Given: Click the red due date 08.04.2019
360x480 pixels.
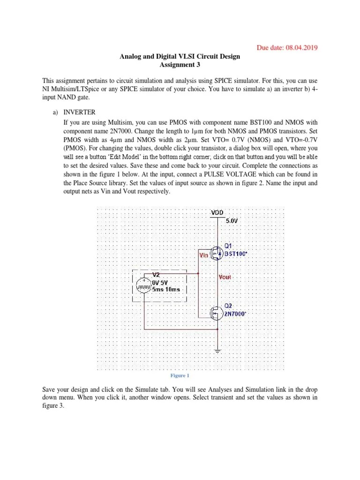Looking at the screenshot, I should pos(289,47).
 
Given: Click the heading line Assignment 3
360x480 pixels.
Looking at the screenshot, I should pos(180,65).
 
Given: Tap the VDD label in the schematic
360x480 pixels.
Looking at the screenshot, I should pos(217,212).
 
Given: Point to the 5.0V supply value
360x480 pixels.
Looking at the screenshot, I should pos(233,220).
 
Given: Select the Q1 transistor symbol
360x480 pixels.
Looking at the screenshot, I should pos(216,254).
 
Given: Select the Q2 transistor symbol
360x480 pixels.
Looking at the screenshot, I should pos(216,313).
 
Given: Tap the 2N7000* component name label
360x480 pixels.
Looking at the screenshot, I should pos(235,314).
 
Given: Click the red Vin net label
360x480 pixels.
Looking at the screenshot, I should pos(204,255).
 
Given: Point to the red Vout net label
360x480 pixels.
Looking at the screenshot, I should pos(225,277).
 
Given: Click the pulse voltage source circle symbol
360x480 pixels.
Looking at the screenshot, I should pos(143,286).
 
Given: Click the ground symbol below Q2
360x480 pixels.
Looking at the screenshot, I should pos(217,350).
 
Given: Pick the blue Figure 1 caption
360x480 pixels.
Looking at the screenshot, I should pos(180,375).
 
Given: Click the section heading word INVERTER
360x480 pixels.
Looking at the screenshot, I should pos(79,112).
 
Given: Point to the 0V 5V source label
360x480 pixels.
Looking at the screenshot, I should pos(160,283).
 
